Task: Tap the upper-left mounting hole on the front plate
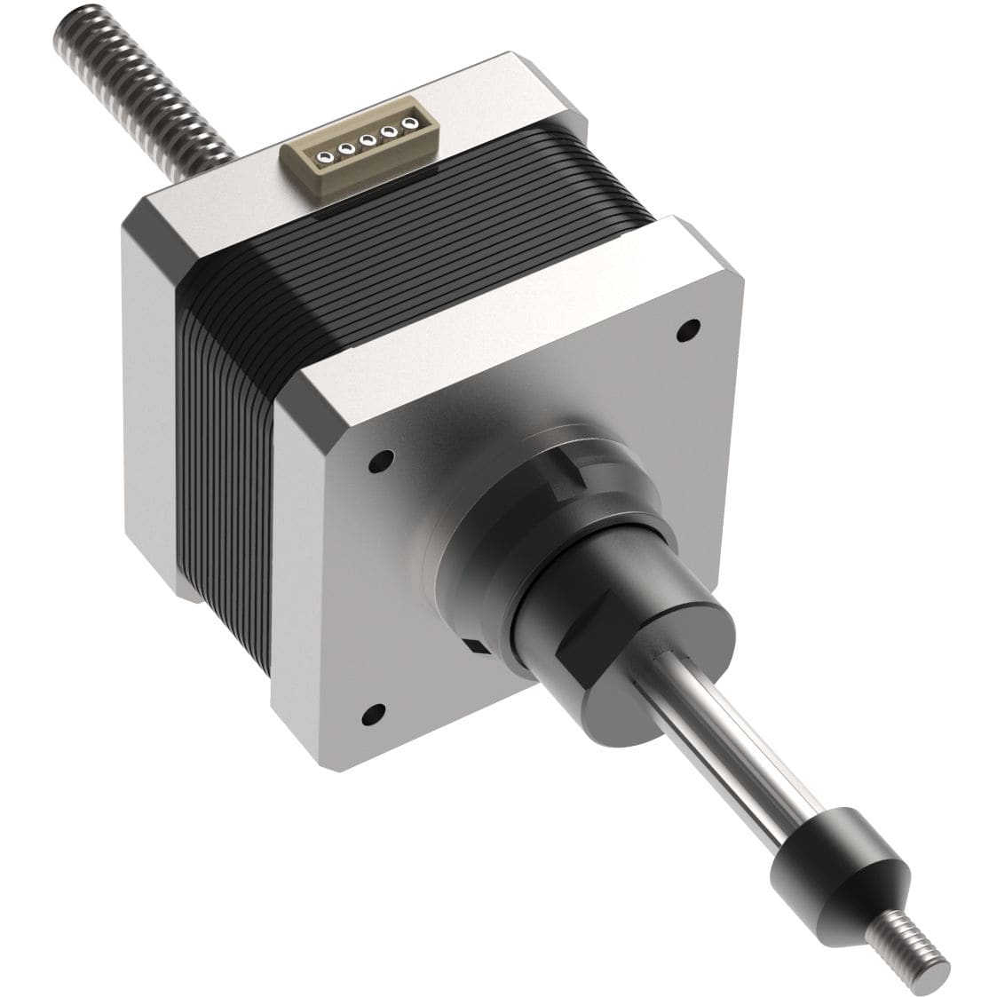pyautogui.click(x=381, y=462)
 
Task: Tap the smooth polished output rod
pyautogui.click(x=728, y=755)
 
